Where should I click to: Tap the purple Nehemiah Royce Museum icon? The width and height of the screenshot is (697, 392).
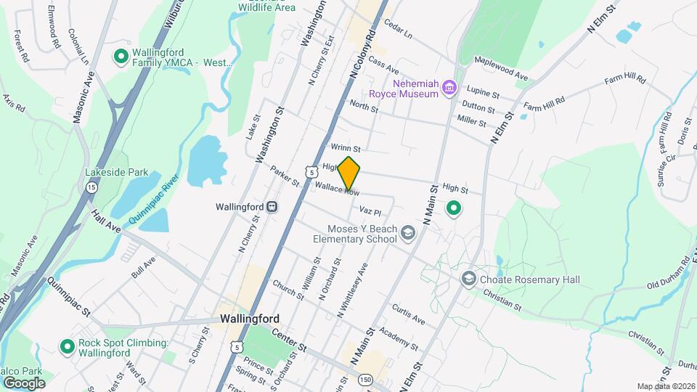[x=449, y=88]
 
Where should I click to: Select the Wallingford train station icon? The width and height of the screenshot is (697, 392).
[x=272, y=207]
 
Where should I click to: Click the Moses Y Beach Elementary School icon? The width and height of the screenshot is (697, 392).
[x=408, y=232]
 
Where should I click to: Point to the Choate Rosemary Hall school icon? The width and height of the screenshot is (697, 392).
[x=469, y=278]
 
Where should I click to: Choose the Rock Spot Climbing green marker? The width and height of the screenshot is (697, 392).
[x=68, y=348]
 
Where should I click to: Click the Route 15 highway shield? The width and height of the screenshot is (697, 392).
[x=91, y=187]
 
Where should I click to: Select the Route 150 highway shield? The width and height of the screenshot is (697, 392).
[x=365, y=380]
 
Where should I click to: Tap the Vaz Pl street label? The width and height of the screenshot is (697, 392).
[x=370, y=211]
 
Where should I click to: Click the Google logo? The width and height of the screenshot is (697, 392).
[x=24, y=383]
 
